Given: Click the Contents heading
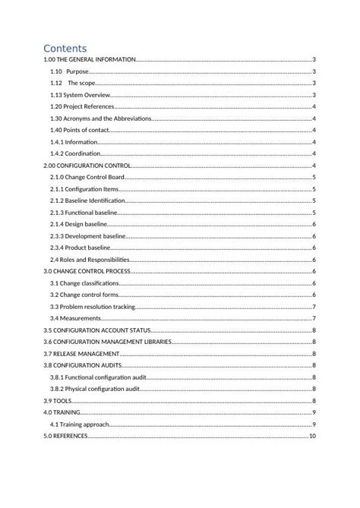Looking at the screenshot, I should pyautogui.click(x=65, y=49).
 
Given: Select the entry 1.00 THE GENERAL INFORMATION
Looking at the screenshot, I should pyautogui.click(x=90, y=59).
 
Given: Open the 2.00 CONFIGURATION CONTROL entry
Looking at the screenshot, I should pyautogui.click(x=87, y=166).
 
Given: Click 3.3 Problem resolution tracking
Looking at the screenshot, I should pyautogui.click(x=92, y=307).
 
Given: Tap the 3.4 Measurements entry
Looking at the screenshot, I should pyautogui.click(x=75, y=318).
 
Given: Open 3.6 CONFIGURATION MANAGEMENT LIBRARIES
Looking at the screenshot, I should pyautogui.click(x=107, y=342).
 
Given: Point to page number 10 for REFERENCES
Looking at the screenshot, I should pyautogui.click(x=312, y=437).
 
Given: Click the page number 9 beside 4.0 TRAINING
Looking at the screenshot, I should pyautogui.click(x=314, y=412).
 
